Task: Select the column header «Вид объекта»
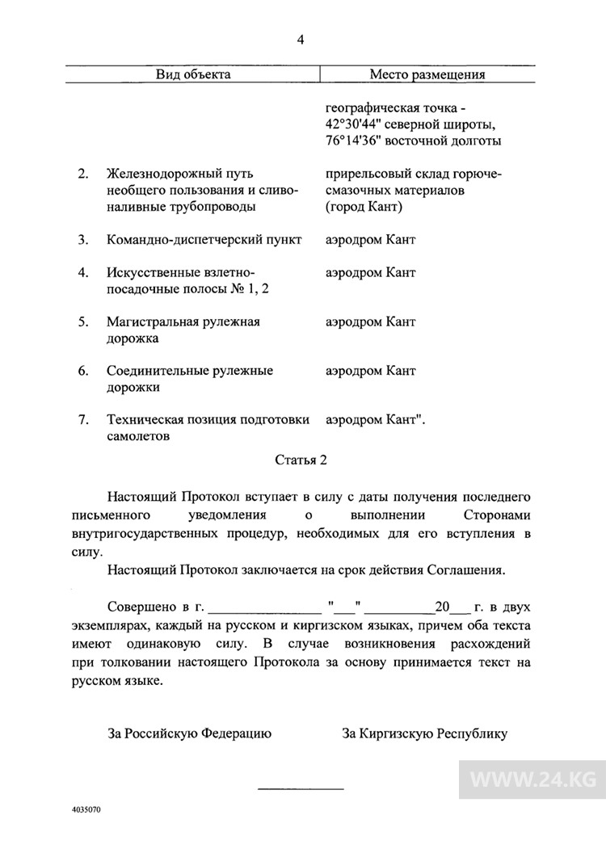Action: (x=193, y=75)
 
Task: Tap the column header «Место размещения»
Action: (x=427, y=75)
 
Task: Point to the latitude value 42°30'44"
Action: (x=352, y=125)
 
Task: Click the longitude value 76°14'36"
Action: (x=352, y=141)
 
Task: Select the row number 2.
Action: (x=83, y=174)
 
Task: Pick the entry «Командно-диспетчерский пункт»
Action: (x=204, y=240)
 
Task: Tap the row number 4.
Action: (x=83, y=272)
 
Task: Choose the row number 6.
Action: (x=83, y=371)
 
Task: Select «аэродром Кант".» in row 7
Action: (x=375, y=420)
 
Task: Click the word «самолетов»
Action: (x=138, y=437)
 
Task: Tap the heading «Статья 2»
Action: (x=302, y=461)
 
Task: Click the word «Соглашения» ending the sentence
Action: (x=464, y=570)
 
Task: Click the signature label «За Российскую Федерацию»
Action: (x=190, y=734)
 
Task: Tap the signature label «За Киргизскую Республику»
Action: (x=425, y=734)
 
